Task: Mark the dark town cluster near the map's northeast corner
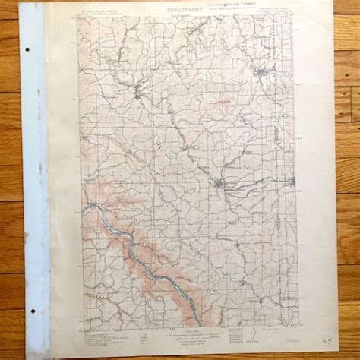pyautogui.click(x=262, y=74)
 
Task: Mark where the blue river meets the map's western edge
pyautogui.click(x=83, y=205)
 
